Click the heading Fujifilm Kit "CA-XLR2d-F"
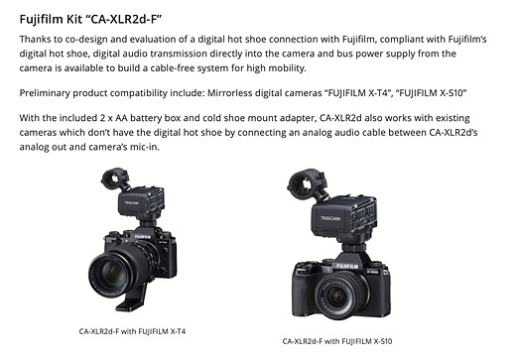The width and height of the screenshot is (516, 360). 90,19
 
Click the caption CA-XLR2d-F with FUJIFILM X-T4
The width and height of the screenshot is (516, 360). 132,331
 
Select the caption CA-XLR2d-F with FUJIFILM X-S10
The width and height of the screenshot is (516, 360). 337,341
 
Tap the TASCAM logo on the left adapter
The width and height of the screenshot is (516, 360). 131,202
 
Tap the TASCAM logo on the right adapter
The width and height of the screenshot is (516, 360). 329,218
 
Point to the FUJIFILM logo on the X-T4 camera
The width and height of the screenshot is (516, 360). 143,237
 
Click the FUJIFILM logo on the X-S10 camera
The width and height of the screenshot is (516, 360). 347,266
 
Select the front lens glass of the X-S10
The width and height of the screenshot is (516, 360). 337,296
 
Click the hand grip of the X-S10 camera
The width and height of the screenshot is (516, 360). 302,290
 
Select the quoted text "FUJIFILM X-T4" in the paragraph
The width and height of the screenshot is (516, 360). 358,93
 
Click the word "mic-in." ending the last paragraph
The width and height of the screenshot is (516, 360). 144,147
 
